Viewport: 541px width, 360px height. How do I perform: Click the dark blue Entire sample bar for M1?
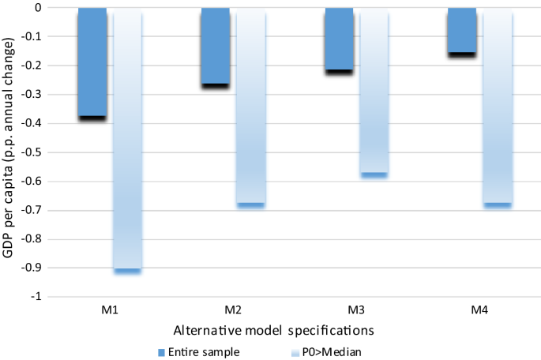[x=92, y=63]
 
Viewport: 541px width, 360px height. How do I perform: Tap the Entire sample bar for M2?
[x=216, y=47]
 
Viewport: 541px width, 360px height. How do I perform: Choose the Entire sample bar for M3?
[x=340, y=40]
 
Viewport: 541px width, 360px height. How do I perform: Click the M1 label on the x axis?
[x=110, y=309]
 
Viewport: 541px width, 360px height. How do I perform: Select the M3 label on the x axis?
[x=357, y=309]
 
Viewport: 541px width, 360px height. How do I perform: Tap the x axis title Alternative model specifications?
[x=285, y=327]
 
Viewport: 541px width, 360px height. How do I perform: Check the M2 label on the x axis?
[x=234, y=309]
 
